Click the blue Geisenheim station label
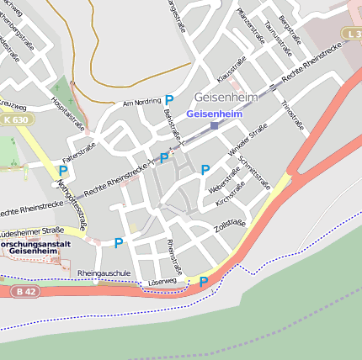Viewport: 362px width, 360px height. pos(213,113)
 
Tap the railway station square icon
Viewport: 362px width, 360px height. pos(214,125)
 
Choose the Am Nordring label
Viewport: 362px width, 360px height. pos(140,103)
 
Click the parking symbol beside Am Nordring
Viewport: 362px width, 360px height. pos(169,100)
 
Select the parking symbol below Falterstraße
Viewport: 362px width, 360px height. pos(62,170)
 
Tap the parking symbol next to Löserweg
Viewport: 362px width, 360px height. pos(204,281)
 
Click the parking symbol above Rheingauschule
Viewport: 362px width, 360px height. pos(118,243)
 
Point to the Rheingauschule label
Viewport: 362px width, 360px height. pos(104,273)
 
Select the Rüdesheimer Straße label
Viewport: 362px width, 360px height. pos(31,230)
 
